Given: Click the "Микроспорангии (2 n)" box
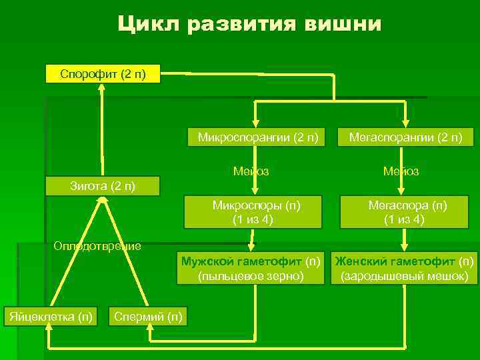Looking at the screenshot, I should pyautogui.click(x=257, y=138).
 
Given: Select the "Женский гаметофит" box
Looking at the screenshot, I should pyautogui.click(x=405, y=267).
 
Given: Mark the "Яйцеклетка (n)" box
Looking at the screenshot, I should pyautogui.click(x=50, y=315).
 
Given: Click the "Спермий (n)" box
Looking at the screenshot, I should pyautogui.click(x=147, y=315).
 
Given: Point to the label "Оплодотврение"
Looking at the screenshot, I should pyautogui.click(x=97, y=246).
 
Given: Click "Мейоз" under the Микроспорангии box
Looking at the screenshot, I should pyautogui.click(x=251, y=171).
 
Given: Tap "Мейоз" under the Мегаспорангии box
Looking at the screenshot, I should pyautogui.click(x=401, y=171).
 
